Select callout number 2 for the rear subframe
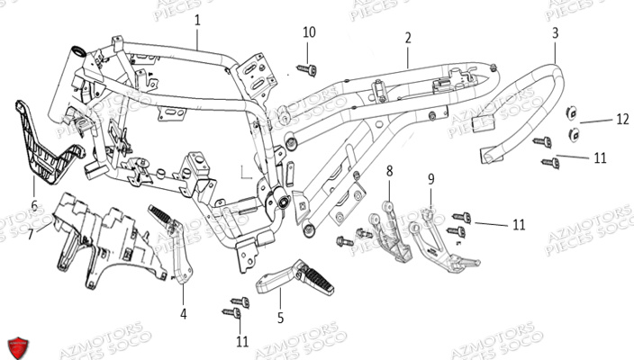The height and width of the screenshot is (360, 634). tap(408, 38)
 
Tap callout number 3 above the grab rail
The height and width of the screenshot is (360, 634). tap(555, 32)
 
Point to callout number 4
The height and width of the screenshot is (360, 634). tap(184, 314)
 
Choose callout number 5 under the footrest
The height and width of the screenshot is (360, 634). tap(279, 317)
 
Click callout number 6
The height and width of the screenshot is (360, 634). tap(34, 206)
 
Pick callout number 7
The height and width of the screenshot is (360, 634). tap(30, 234)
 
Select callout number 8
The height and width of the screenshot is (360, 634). tap(390, 171)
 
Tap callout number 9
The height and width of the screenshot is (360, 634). tap(430, 178)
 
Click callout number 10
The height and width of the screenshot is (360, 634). tap(309, 32)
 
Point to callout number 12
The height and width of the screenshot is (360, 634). tap(622, 119)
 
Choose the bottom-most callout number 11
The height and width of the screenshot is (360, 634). tap(240, 341)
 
